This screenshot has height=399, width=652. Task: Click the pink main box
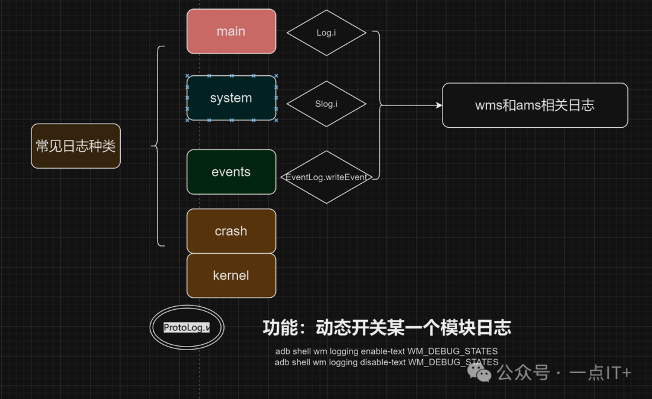pyautogui.click(x=231, y=31)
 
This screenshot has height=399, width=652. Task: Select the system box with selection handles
pyautogui.click(x=231, y=98)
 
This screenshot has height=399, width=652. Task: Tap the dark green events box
pyautogui.click(x=231, y=172)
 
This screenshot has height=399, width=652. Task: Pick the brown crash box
pyautogui.click(x=231, y=231)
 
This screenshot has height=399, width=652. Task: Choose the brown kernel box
pyautogui.click(x=231, y=276)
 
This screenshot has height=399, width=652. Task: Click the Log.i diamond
pyautogui.click(x=326, y=33)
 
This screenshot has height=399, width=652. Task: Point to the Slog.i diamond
pyautogui.click(x=326, y=104)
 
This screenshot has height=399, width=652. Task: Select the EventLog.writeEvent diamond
pyautogui.click(x=326, y=177)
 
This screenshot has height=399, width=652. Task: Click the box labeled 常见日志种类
pyautogui.click(x=75, y=146)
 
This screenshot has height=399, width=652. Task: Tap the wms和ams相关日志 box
pyautogui.click(x=535, y=105)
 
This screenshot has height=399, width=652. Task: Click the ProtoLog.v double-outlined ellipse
pyautogui.click(x=187, y=328)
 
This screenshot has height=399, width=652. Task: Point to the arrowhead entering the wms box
pyautogui.click(x=439, y=105)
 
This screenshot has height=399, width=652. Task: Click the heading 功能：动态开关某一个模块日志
pyautogui.click(x=387, y=328)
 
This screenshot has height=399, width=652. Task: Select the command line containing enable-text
pyautogui.click(x=386, y=351)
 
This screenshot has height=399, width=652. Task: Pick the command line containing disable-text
pyautogui.click(x=386, y=362)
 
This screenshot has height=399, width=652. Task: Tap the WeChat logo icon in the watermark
pyautogui.click(x=484, y=373)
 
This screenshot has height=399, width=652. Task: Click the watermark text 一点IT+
pyautogui.click(x=600, y=374)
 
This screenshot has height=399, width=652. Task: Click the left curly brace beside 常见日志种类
pyautogui.click(x=158, y=146)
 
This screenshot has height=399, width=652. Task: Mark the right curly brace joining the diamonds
pyautogui.click(x=379, y=105)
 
